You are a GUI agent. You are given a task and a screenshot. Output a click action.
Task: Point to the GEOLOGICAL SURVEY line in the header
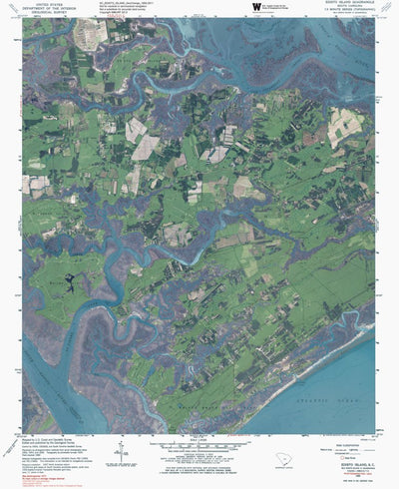47,13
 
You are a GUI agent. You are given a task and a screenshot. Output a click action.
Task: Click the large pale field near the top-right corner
346,125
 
